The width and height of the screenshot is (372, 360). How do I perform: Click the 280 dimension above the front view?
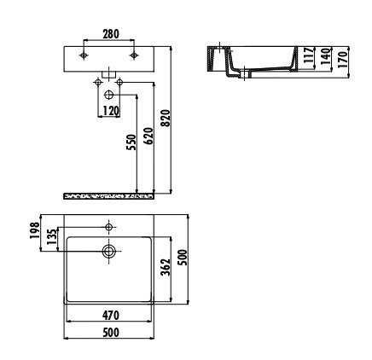click(x=110, y=35)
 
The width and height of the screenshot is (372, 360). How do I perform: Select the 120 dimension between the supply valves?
click(x=110, y=111)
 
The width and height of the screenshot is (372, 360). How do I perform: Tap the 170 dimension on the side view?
click(x=343, y=60)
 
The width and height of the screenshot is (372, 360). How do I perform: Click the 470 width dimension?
click(x=110, y=316)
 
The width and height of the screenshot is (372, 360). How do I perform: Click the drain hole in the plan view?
click(x=110, y=251)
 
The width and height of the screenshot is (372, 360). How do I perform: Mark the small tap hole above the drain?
click(x=110, y=227)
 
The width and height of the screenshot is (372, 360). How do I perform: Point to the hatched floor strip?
click(x=109, y=195)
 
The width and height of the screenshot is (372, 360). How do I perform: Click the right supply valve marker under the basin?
click(x=120, y=82)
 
